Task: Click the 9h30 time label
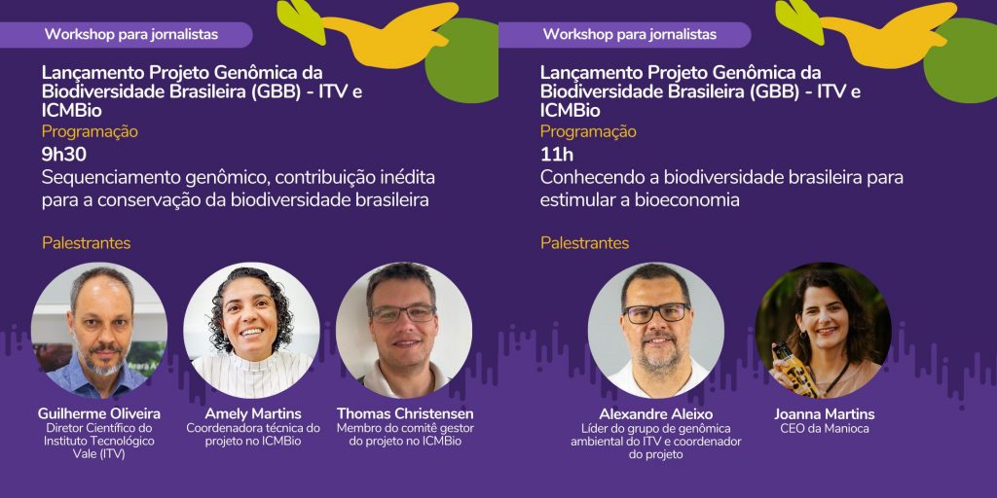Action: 63,155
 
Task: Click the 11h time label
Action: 556,155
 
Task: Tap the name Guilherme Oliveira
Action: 99,414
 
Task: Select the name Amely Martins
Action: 253,414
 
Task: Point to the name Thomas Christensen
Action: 405,414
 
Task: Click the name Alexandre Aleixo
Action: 655,414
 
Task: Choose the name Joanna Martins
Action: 824,414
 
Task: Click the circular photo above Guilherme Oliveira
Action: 99,331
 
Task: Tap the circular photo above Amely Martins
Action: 252,331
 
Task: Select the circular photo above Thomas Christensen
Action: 404,331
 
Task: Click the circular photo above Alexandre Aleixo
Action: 656,331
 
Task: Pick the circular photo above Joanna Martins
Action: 824,331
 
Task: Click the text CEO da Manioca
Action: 824,429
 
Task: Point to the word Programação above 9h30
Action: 90,132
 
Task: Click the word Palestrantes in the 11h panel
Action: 585,243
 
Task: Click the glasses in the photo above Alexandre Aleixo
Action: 656,312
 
